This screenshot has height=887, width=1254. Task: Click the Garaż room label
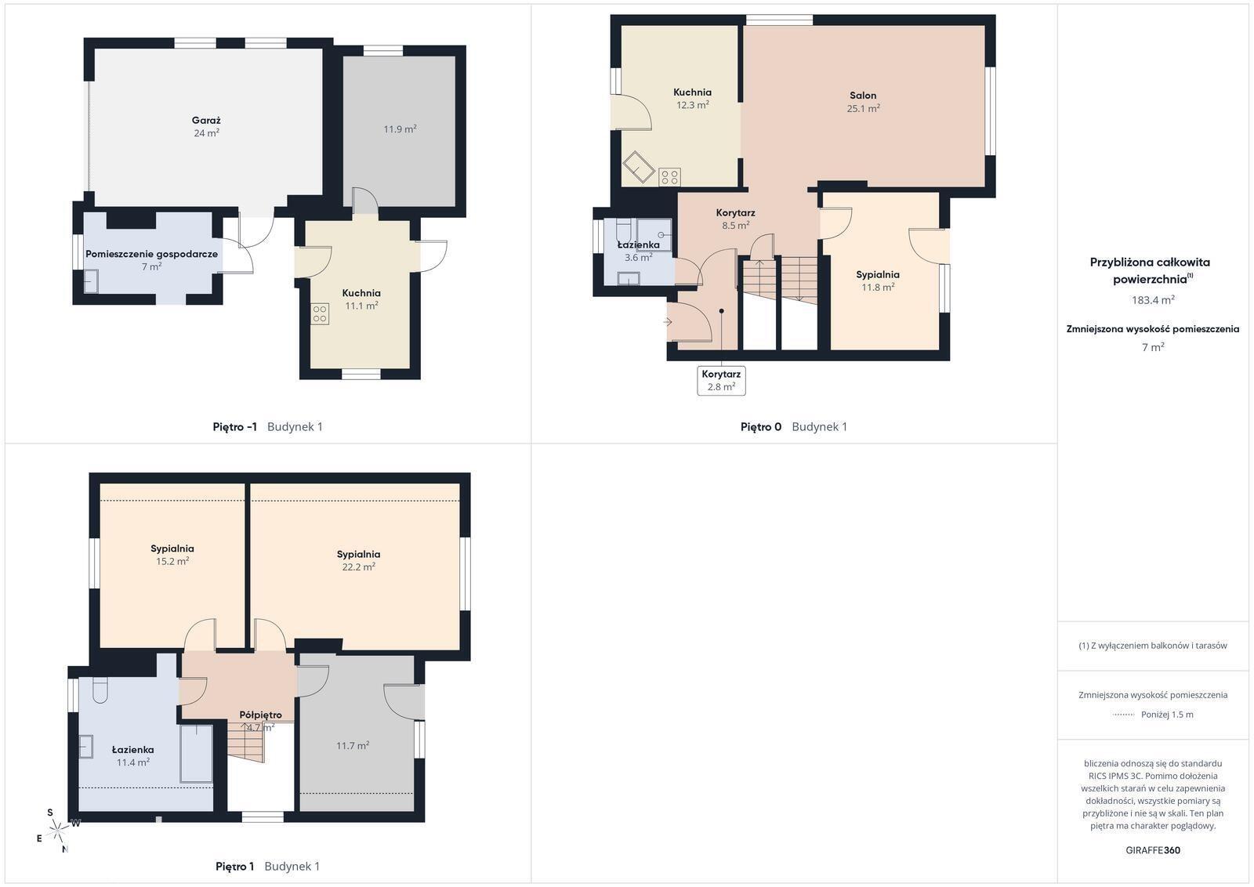pos(206,121)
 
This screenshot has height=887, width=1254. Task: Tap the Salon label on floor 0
pos(863,96)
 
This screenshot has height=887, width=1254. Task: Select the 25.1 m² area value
pos(863,109)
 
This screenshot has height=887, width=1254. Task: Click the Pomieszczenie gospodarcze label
pos(151,254)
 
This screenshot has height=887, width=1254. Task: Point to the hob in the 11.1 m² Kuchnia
pos(320,314)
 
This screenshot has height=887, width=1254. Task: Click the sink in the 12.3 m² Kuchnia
pos(638,167)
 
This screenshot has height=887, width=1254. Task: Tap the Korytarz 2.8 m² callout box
pos(721,381)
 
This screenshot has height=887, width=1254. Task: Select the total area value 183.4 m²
pos(1153,300)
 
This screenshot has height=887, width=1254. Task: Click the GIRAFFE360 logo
pos(1153,850)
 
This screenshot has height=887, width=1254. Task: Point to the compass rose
pos(58,830)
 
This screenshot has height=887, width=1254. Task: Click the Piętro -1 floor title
pos(234,427)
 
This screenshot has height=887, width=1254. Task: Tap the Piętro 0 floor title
pos(761,427)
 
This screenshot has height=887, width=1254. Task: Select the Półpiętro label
pos(260,715)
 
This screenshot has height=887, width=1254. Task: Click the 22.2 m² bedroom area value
pos(358,567)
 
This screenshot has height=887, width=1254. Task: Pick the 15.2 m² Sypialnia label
pos(172,549)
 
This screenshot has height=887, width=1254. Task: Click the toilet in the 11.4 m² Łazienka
pos(100,690)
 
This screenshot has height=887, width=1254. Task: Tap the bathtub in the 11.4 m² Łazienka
pos(197,753)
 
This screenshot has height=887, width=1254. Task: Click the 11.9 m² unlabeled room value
pos(400,129)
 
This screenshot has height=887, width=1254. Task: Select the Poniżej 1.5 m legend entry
pos(1167,715)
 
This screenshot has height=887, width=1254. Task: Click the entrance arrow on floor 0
pos(667,322)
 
